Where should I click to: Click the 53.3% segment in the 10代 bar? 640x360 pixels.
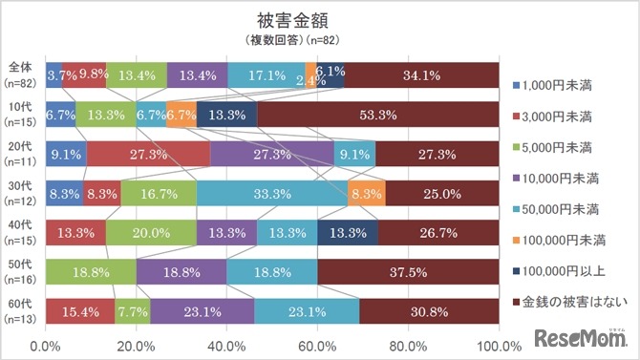click(377, 115)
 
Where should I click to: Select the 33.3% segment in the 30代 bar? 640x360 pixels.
click(272, 193)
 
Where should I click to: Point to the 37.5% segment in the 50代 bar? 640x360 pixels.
click(408, 271)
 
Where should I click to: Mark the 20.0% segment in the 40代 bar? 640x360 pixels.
click(151, 232)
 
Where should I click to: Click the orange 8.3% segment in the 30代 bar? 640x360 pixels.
click(367, 193)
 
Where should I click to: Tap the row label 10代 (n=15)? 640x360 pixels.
click(21, 115)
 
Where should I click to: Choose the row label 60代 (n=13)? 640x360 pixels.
click(21, 310)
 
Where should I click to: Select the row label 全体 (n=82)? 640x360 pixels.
click(21, 74)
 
